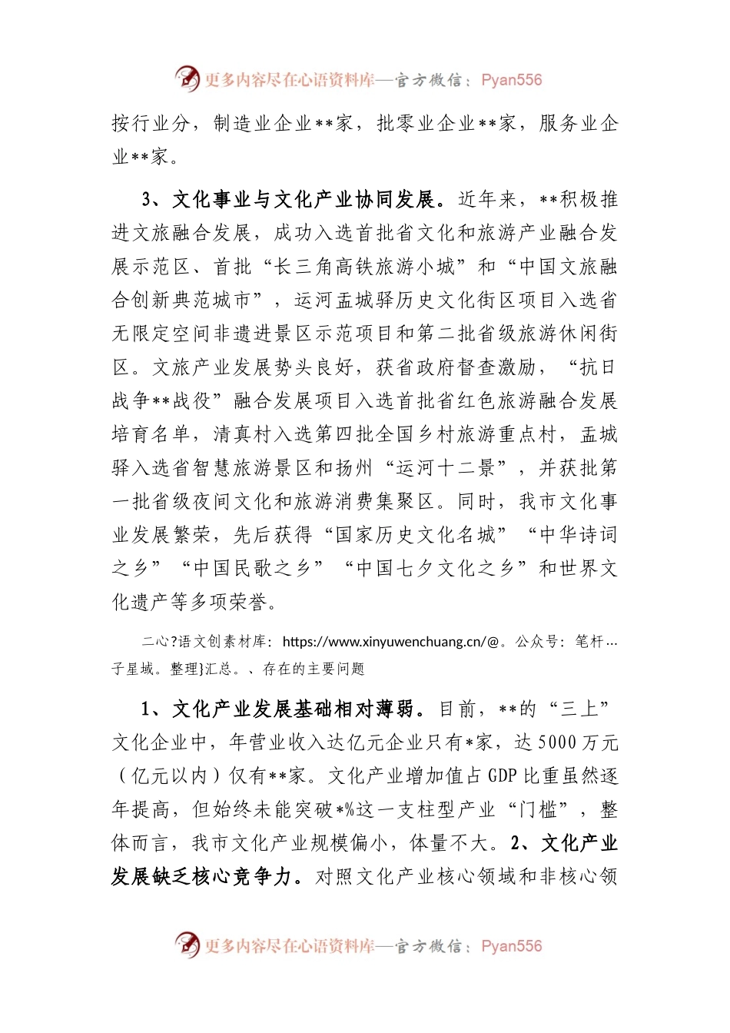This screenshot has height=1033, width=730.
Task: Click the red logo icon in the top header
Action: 187,78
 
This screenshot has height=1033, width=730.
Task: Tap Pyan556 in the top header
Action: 511,80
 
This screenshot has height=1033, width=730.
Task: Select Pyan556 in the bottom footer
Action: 511,946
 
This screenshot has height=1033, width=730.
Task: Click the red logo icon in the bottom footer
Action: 187,945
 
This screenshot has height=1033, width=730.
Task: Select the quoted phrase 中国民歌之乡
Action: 251,569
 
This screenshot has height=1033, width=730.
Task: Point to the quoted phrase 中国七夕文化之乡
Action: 436,569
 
